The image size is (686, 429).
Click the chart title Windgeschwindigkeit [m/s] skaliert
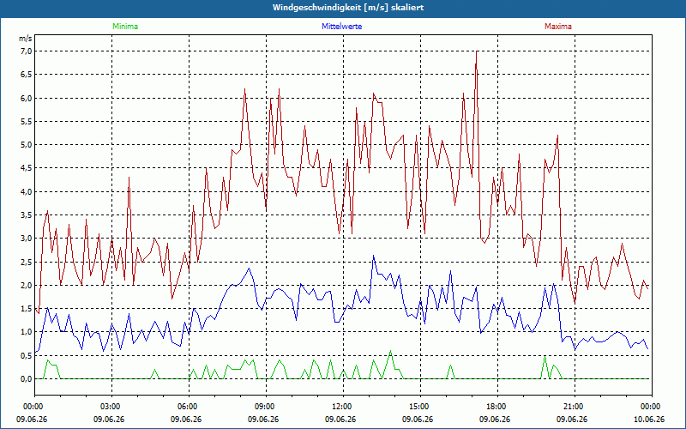[348, 8]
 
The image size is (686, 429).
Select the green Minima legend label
[125, 27]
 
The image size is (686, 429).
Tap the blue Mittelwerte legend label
[341, 27]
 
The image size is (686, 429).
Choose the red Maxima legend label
[558, 27]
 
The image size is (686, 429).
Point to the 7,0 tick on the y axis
[26, 51]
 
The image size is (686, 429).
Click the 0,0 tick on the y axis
[26, 378]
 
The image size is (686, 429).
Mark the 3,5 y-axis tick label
[26, 215]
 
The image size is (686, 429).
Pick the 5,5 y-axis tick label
[26, 121]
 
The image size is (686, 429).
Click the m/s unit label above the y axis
[26, 39]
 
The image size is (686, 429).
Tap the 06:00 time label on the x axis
[189, 407]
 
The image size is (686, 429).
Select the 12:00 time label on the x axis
[343, 407]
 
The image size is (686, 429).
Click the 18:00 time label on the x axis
[497, 407]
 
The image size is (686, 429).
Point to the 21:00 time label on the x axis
[575, 407]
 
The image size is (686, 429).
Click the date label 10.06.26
[649, 419]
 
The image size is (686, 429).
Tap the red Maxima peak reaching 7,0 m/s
[476, 51]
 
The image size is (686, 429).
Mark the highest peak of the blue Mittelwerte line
[373, 256]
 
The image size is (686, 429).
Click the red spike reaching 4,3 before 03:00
[129, 178]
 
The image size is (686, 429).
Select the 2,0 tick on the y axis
[26, 285]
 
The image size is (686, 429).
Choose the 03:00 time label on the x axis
[111, 407]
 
